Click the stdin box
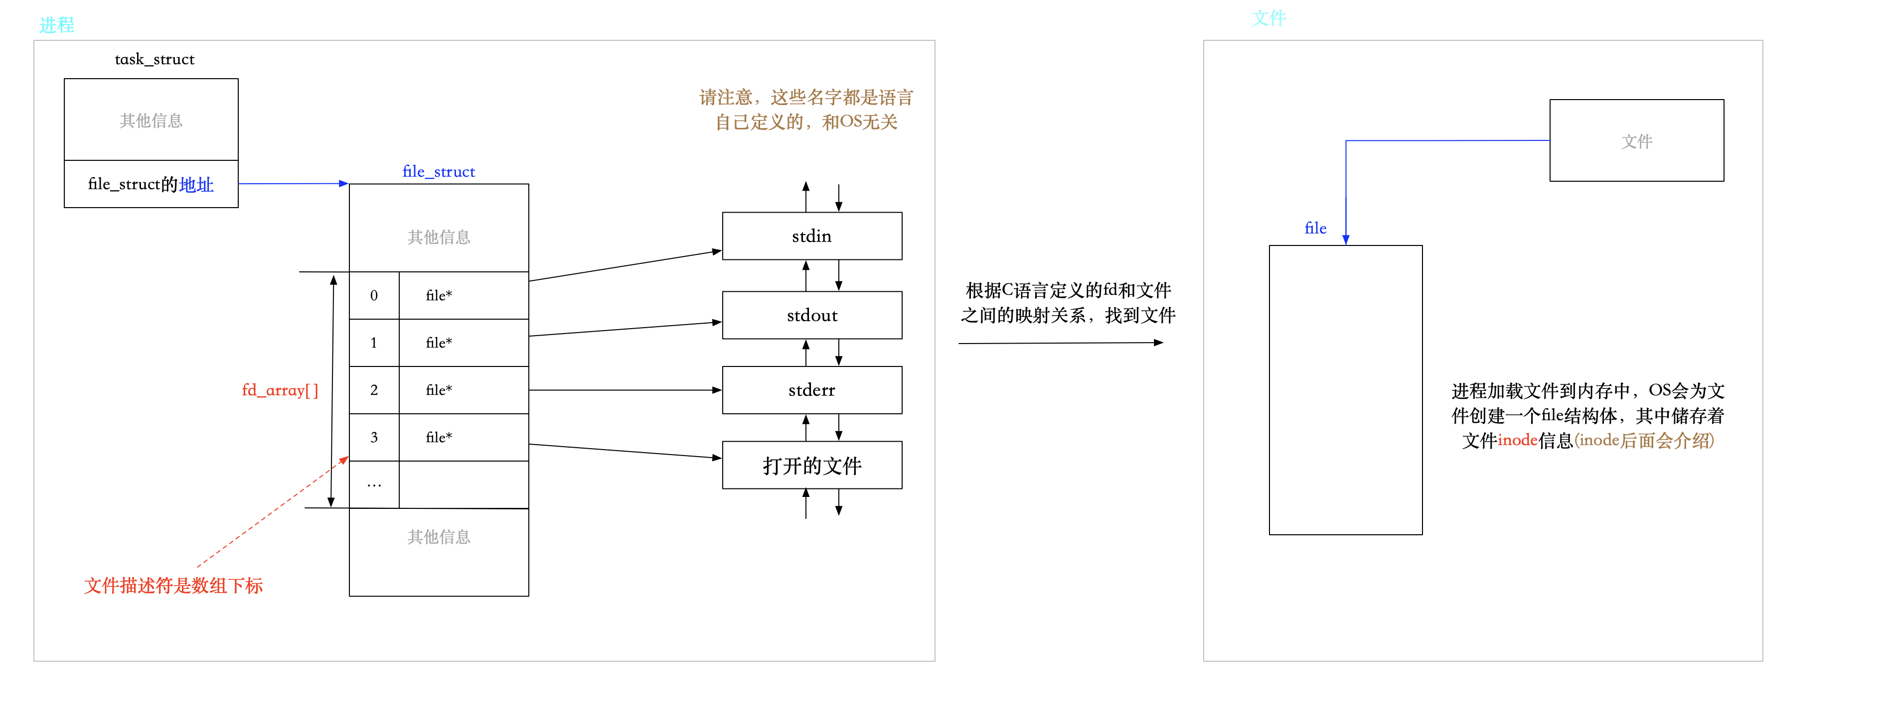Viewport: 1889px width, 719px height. [812, 236]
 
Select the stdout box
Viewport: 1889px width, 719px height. [812, 315]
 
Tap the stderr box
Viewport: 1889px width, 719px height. [812, 390]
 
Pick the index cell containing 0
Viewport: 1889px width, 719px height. [374, 295]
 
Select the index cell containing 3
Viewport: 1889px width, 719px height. [374, 437]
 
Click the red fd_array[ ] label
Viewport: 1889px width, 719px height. [280, 390]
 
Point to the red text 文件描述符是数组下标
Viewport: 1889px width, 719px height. [173, 585]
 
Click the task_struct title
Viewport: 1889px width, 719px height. [154, 59]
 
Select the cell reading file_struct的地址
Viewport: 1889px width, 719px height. [151, 184]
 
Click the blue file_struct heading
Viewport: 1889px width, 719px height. [439, 171]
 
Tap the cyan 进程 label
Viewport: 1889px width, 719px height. [56, 25]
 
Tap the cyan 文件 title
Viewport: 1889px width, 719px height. [1268, 17]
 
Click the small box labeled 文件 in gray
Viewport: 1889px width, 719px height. [1636, 141]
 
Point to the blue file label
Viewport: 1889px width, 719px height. [1315, 228]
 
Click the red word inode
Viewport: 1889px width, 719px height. [1517, 440]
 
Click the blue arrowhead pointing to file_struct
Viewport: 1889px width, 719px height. [343, 183]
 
